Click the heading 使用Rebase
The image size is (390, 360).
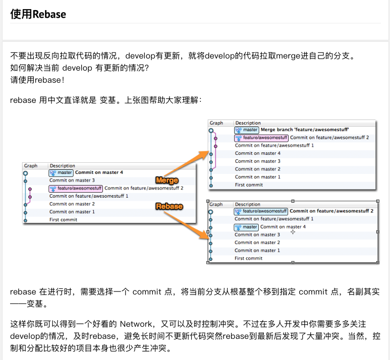pyautogui.click(x=38, y=14)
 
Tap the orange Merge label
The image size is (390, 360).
pyautogui.click(x=167, y=180)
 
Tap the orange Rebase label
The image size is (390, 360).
pyautogui.click(x=169, y=206)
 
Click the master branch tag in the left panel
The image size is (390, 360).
pyautogui.click(x=61, y=172)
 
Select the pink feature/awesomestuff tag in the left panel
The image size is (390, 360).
pyautogui.click(x=76, y=188)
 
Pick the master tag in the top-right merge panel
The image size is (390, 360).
pyautogui.click(x=247, y=130)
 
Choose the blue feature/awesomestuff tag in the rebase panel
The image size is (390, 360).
pyautogui.click(x=261, y=211)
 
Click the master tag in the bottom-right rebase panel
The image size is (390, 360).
pyautogui.click(x=246, y=227)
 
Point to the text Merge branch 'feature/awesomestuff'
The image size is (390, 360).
pyautogui.click(x=305, y=130)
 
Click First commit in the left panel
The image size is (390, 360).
pyautogui.click(x=63, y=220)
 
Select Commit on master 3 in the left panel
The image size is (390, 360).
pyautogui.click(x=72, y=180)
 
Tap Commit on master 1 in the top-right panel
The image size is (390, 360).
pyautogui.click(x=258, y=177)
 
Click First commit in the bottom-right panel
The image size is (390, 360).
pyautogui.click(x=248, y=258)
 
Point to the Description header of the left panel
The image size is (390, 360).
pyautogui.click(x=62, y=165)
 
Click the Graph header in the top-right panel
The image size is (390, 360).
pyautogui.click(x=216, y=123)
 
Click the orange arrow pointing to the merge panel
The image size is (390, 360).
pyautogui.click(x=187, y=163)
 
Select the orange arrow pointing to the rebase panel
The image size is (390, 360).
pyautogui.click(x=187, y=225)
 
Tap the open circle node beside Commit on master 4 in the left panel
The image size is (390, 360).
pyautogui.click(x=25, y=173)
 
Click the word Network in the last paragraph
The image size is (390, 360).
pyautogui.click(x=136, y=324)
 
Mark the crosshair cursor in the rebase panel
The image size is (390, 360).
pyautogui.click(x=293, y=232)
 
